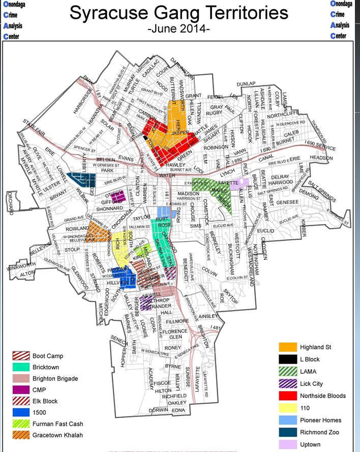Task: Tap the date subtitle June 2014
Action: (x=178, y=30)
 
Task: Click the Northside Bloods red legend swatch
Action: (x=289, y=396)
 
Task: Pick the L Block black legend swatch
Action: (x=289, y=359)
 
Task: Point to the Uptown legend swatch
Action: (x=289, y=444)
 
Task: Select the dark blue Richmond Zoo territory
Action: (x=81, y=180)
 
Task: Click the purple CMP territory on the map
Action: (x=118, y=195)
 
